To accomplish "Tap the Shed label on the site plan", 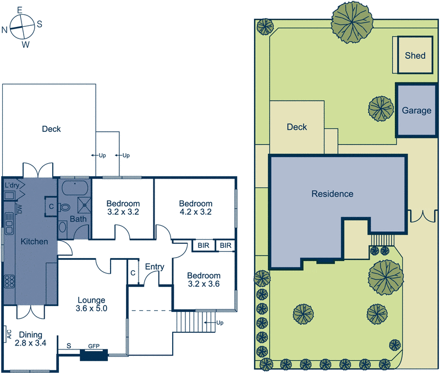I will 415,55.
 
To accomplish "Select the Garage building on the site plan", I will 416,110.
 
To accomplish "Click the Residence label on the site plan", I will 332,194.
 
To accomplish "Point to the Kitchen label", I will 35,241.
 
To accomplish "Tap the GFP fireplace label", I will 94,347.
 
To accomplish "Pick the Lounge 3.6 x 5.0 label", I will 91,304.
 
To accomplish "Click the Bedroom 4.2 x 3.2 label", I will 195,207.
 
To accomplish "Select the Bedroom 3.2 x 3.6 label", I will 204,280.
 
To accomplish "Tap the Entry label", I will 155,267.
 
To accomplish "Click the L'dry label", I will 12,186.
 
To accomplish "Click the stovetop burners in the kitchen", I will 9,281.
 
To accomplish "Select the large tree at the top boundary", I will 352,21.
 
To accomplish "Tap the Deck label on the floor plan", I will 51,129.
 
